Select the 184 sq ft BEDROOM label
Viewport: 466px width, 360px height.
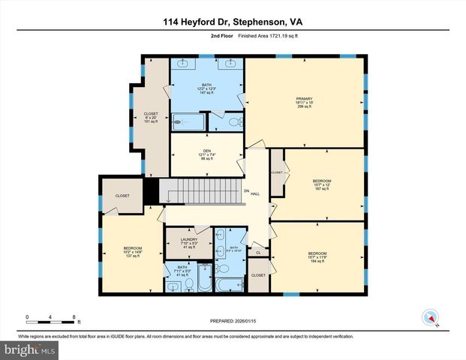click(317, 256)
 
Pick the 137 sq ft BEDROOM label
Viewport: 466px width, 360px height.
click(132, 251)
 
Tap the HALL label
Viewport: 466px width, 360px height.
click(255, 193)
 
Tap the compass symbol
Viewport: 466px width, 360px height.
click(431, 317)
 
